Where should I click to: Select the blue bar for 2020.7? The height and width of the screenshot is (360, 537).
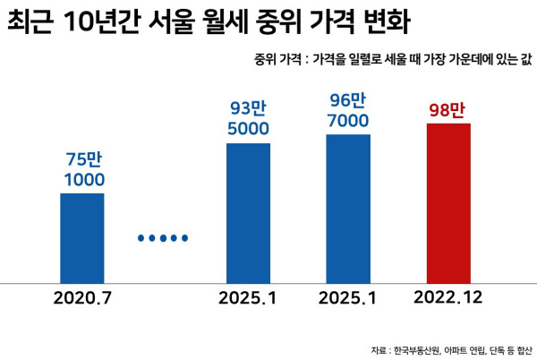point(81,238)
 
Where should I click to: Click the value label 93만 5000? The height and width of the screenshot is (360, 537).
point(249,119)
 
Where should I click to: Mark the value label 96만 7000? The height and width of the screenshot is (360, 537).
point(348,110)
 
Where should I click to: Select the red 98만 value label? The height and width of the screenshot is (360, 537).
point(447,112)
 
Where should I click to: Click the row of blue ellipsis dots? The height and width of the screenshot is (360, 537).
point(163,238)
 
